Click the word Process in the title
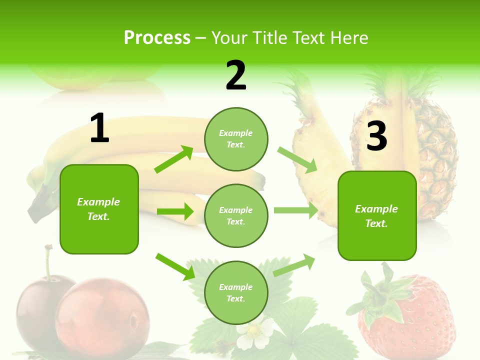click(x=157, y=38)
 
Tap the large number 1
click(x=99, y=128)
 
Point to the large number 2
click(x=236, y=75)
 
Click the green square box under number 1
click(x=99, y=209)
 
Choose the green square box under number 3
click(x=377, y=215)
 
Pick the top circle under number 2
click(x=236, y=139)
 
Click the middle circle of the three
click(x=236, y=215)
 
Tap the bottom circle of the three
click(x=236, y=292)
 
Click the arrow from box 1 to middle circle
click(x=175, y=211)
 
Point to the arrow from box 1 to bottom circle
click(x=175, y=266)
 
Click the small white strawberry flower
click(x=255, y=334)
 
